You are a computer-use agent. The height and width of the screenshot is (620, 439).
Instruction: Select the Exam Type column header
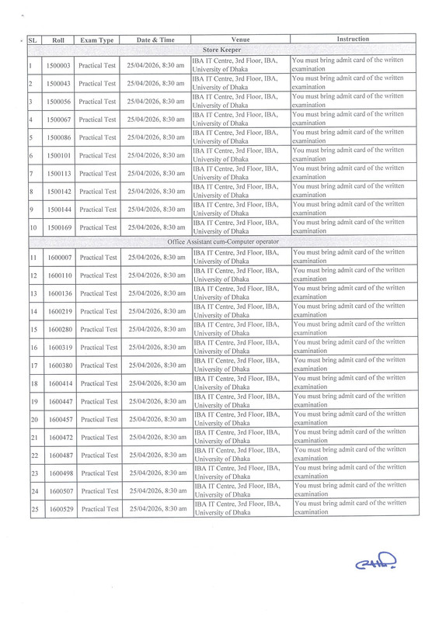(x=97, y=39)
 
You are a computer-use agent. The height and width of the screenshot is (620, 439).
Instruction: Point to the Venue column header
(x=240, y=39)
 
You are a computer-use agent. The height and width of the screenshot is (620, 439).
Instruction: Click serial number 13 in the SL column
(x=33, y=293)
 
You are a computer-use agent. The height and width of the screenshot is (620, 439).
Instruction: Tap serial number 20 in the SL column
(x=33, y=419)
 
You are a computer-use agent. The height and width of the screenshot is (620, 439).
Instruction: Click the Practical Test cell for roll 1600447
(x=97, y=401)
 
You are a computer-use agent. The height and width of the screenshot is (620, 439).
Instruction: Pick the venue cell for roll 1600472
(x=240, y=437)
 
